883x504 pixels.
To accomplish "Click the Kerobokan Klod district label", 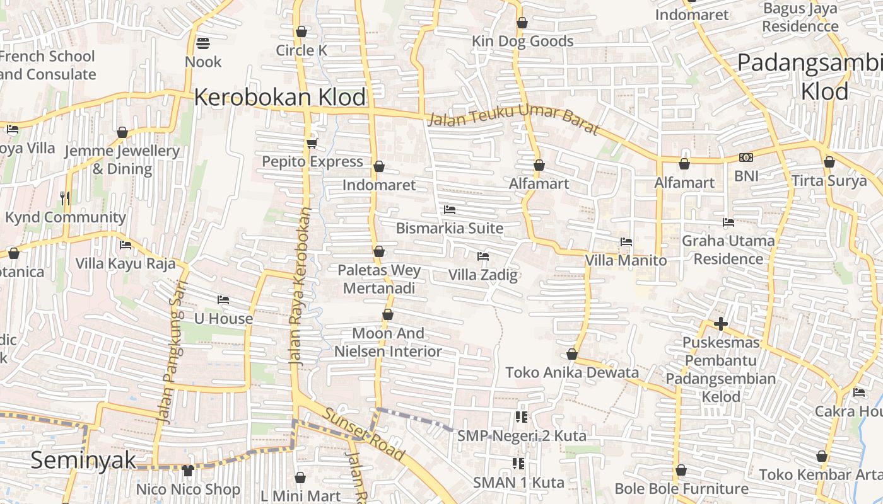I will coord(279,98).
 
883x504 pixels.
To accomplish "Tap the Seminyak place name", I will coord(83,460).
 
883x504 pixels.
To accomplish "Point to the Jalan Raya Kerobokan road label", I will coord(300,287).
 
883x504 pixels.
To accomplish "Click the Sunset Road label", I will coord(364,434).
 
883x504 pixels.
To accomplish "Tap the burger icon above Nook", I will coord(203,43).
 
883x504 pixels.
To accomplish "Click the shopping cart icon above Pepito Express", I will coord(312,143).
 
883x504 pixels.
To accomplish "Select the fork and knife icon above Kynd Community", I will coord(65,198).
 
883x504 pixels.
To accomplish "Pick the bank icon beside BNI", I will coord(746,157).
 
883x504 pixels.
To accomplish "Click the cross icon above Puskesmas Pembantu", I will coord(721,324).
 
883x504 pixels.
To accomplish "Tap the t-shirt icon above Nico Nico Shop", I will coord(188,470).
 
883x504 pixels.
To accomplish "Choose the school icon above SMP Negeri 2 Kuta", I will coord(520,416).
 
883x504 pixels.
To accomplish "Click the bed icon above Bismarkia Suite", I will coord(450,209).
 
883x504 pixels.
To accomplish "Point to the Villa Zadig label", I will coord(483,275).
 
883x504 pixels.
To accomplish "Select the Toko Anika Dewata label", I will coord(572,372).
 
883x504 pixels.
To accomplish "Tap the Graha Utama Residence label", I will coord(728,249).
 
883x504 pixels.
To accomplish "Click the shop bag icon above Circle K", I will coord(301,31).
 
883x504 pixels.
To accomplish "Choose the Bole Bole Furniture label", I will coord(681,489).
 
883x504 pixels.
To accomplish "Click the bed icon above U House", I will coord(223,300).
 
